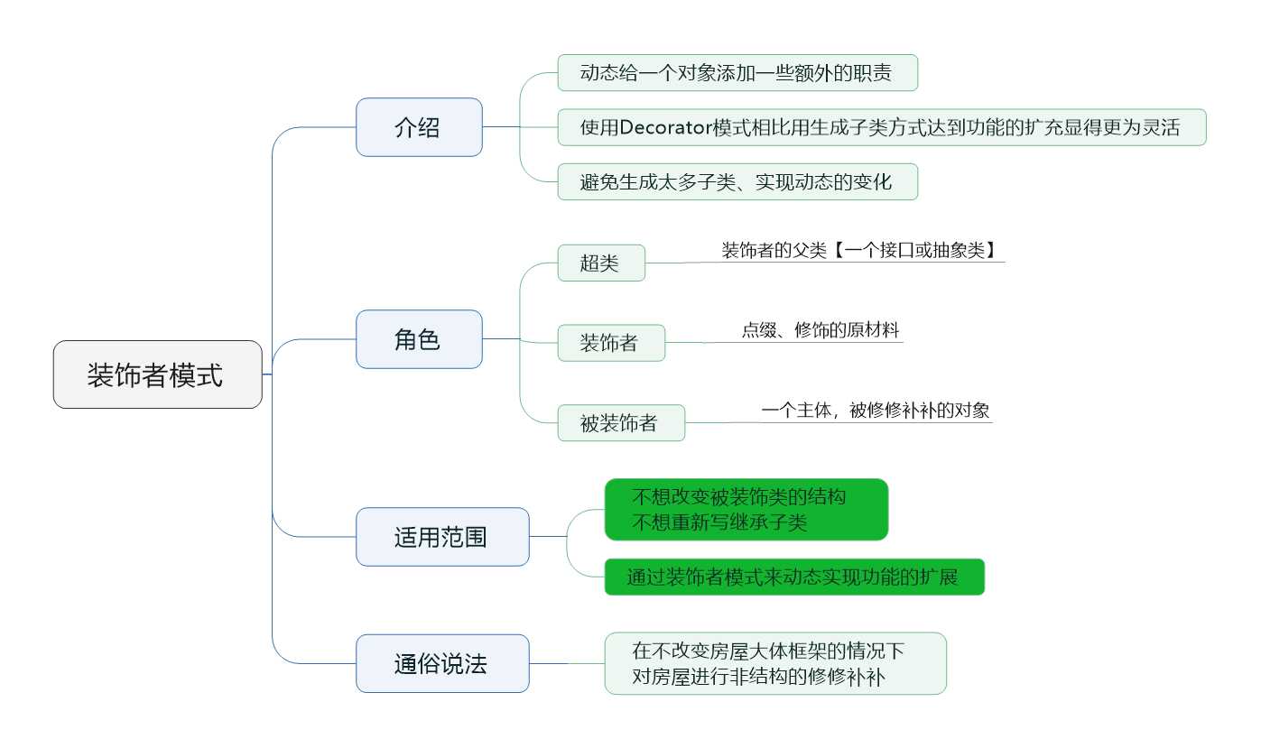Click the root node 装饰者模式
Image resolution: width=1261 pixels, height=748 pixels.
[158, 374]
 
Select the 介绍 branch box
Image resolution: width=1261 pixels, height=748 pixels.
[420, 127]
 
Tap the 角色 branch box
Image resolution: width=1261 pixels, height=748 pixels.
[420, 339]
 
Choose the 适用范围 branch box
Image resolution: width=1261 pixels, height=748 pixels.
[442, 537]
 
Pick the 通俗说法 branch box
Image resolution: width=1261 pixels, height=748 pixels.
[442, 663]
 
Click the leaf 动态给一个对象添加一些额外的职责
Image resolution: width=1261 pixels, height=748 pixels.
[737, 72]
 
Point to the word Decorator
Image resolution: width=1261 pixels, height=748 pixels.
[666, 127]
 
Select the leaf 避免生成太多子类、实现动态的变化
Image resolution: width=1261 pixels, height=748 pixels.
[737, 181]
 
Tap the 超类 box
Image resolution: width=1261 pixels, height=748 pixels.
[601, 263]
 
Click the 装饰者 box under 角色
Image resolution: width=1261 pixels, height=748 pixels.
[611, 343]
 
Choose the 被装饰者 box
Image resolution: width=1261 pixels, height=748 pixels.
[622, 422]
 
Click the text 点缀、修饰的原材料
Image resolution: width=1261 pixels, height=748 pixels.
[821, 330]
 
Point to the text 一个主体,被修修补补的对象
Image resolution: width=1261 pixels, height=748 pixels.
[876, 411]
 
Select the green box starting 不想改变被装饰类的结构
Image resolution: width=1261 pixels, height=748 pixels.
[746, 510]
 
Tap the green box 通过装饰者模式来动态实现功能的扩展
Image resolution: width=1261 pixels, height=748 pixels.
[795, 577]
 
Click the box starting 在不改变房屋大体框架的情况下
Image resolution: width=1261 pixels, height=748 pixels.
[775, 663]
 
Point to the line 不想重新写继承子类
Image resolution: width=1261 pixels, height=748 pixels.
[719, 522]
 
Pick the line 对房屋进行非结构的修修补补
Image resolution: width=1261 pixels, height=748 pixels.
[758, 677]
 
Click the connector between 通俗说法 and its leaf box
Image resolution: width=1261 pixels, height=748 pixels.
[567, 663]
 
